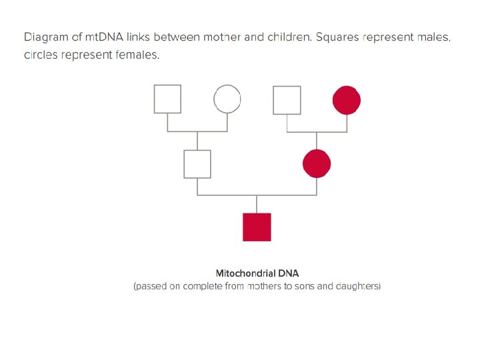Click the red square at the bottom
point(257,227)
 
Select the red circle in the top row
point(347,100)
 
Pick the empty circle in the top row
point(227,100)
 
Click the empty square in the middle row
point(197,164)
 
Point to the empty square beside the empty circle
point(167,99)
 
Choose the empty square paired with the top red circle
point(287,100)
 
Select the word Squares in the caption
point(339,37)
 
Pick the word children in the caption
point(288,37)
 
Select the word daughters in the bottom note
point(357,286)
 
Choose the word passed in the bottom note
point(150,286)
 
